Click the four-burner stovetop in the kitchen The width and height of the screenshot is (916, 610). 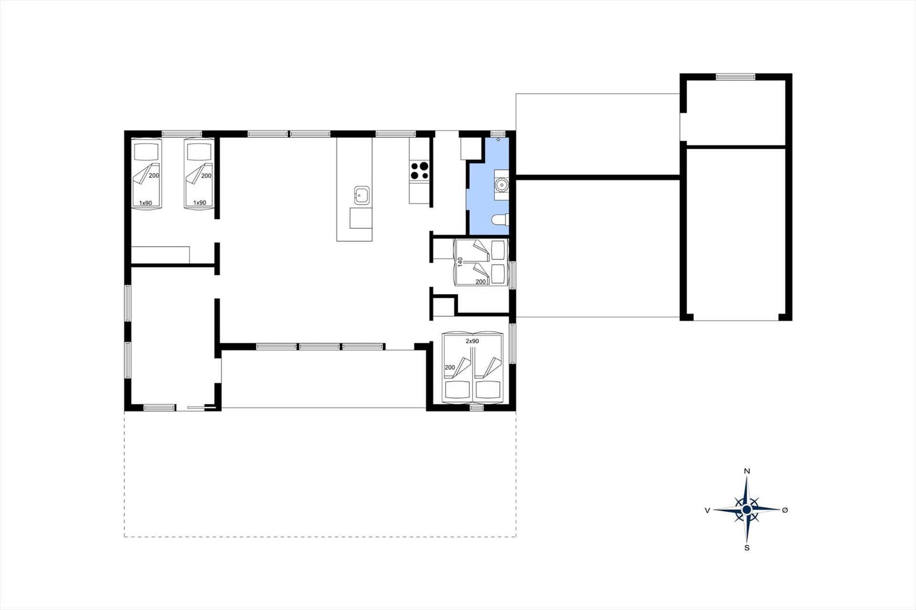[x=420, y=171]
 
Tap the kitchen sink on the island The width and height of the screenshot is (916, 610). [x=362, y=196]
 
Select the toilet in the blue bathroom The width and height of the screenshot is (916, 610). [x=500, y=220]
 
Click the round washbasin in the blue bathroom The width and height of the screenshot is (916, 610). [x=501, y=185]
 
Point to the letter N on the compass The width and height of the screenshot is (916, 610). [x=747, y=471]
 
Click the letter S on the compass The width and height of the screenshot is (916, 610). [x=747, y=548]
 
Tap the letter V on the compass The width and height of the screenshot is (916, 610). [x=707, y=510]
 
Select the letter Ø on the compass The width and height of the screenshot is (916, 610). [x=785, y=510]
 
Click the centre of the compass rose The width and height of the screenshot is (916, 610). [x=747, y=509]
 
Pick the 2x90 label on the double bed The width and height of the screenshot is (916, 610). [x=472, y=341]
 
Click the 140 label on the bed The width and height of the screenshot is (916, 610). [x=460, y=262]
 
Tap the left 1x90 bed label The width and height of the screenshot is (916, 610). [x=145, y=203]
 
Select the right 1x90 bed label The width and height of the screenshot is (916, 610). [x=200, y=203]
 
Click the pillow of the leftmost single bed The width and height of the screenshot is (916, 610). [x=146, y=151]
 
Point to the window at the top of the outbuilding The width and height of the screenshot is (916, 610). [x=735, y=77]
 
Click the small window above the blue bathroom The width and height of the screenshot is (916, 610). [x=498, y=134]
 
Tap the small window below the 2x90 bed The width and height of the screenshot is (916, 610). [x=476, y=407]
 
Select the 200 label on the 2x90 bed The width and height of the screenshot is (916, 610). [x=450, y=367]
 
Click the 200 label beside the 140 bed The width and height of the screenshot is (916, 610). [x=481, y=282]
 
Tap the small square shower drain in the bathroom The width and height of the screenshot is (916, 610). [x=498, y=140]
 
